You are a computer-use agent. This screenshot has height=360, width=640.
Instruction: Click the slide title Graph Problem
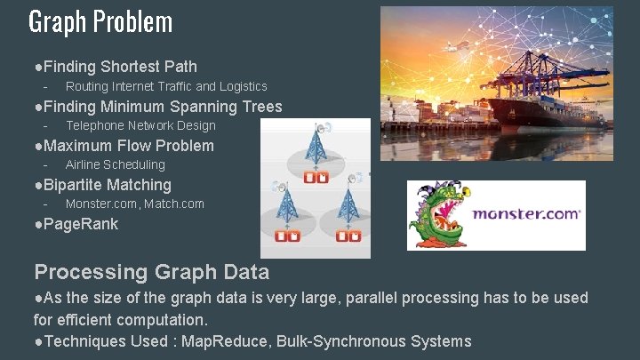coord(100,21)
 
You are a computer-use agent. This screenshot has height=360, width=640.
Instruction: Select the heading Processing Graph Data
coord(151,272)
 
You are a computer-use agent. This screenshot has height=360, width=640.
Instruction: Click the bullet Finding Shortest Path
coord(120,67)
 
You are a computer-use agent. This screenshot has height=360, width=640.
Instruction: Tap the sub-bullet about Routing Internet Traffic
coord(166,86)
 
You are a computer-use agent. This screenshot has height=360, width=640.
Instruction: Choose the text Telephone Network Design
coord(140,125)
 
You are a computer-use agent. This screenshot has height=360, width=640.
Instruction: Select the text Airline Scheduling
coord(116,164)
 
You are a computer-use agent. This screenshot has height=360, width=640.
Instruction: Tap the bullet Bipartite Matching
coord(107,185)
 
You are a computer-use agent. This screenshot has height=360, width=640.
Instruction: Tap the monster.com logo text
coord(526,214)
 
